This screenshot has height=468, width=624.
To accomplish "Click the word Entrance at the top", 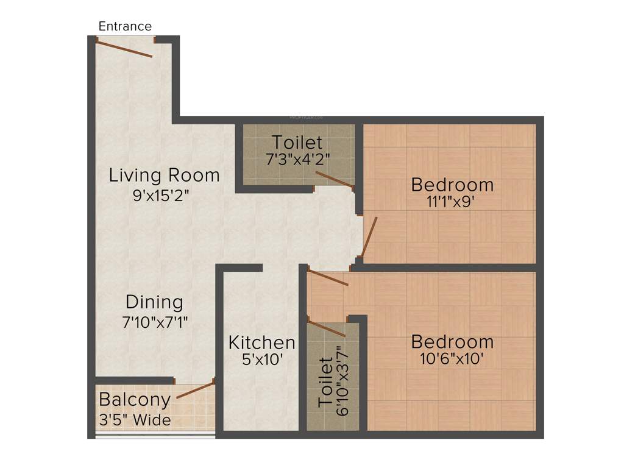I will pos(125,26).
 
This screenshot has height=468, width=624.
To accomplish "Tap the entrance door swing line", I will pos(124,49).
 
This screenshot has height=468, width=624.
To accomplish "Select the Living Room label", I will pos(164,175).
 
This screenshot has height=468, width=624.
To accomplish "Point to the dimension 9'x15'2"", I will pos(164,196).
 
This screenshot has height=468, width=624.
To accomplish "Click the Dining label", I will pos(154,302).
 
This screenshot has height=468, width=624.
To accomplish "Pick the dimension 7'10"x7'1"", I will pos(154,322).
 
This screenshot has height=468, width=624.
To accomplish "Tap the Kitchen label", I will pos(262,342).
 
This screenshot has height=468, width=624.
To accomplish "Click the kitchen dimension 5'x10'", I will pos(262,360).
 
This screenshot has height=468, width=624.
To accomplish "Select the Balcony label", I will pos(135,400).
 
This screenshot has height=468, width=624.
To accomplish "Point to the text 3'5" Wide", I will pos(135,420).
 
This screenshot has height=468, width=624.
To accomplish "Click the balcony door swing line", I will pos(195,390).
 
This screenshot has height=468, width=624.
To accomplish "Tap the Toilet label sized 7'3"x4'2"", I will pos(297,143).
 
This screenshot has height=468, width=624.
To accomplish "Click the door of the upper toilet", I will pos(333,179).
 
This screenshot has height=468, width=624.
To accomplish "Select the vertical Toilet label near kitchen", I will pos(326,383).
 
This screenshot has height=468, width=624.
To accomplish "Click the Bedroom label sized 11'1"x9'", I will pos(452,184).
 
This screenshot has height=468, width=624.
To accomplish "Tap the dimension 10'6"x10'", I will pos(452,360).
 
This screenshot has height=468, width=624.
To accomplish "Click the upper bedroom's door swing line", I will pos(369,237).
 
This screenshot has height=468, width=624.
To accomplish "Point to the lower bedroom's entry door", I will pos(328,277).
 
